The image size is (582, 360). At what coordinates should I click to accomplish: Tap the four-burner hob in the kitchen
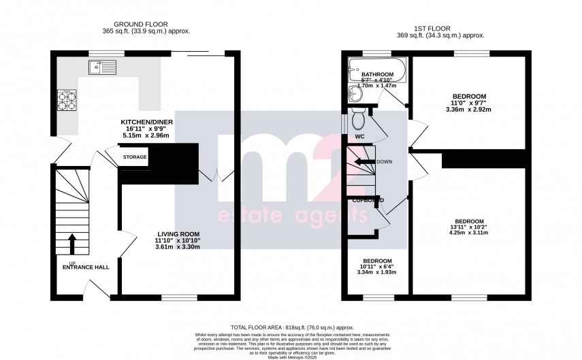coord(67,101)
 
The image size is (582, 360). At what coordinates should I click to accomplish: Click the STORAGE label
coord(134,157)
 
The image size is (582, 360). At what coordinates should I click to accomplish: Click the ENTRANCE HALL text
coord(86,267)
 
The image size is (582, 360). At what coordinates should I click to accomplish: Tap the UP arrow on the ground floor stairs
coord(72,244)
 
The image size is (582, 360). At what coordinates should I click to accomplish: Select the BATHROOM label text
coord(377,75)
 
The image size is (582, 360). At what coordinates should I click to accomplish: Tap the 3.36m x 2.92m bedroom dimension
coord(469,109)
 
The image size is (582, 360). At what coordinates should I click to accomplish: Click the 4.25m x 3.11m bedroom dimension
coord(469,233)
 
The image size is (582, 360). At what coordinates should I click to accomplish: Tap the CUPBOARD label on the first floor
coord(368,200)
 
